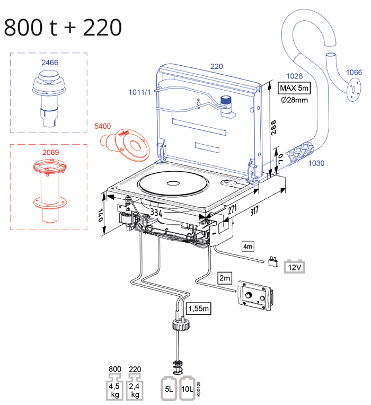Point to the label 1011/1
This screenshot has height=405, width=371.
point(139,93)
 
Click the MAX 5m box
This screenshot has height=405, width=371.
point(294,87)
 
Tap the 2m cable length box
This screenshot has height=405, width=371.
point(224,277)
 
